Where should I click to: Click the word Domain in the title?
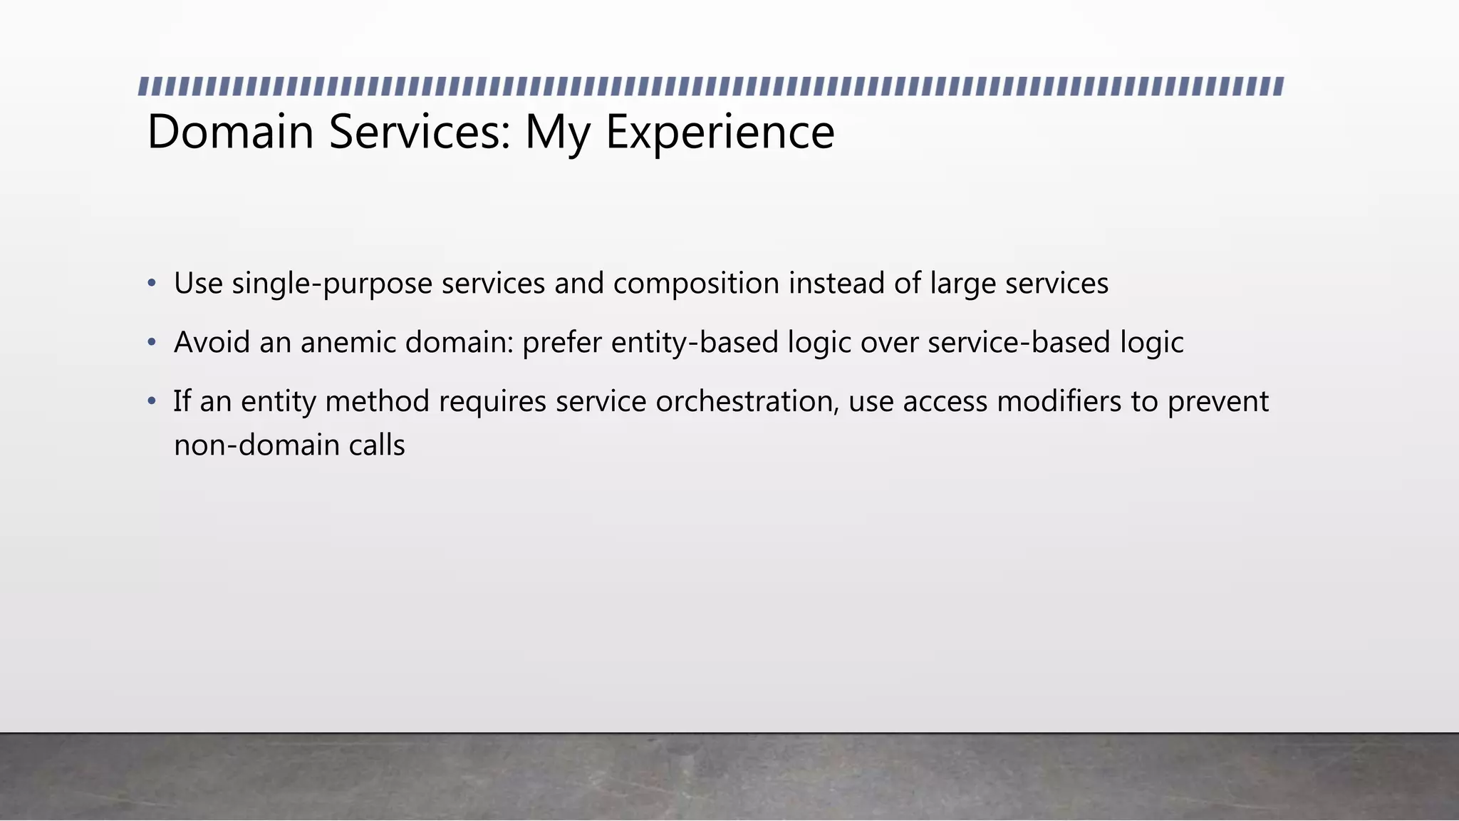click(x=230, y=132)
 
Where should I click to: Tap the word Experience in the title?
click(x=720, y=132)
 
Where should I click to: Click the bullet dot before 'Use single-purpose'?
click(x=151, y=284)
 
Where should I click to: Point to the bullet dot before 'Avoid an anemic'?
click(x=151, y=343)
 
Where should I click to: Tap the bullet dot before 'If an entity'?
click(x=151, y=402)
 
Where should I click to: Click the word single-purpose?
click(x=332, y=284)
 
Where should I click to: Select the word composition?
click(x=696, y=284)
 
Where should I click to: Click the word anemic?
click(x=348, y=343)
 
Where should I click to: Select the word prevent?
click(x=1218, y=402)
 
